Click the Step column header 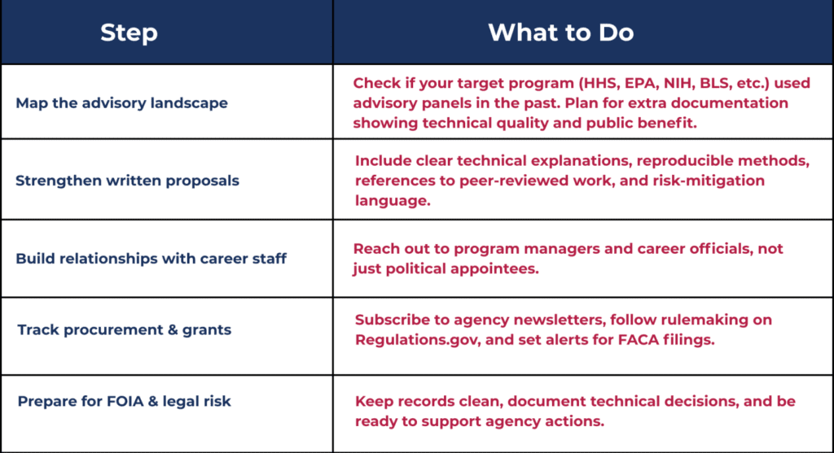click(x=129, y=33)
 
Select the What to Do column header click(x=561, y=33)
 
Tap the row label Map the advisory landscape click(x=122, y=103)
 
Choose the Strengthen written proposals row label click(x=128, y=181)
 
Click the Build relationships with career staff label click(x=151, y=259)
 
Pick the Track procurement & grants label click(x=125, y=330)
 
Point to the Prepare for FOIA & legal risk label click(x=125, y=401)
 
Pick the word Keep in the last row click(x=372, y=402)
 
